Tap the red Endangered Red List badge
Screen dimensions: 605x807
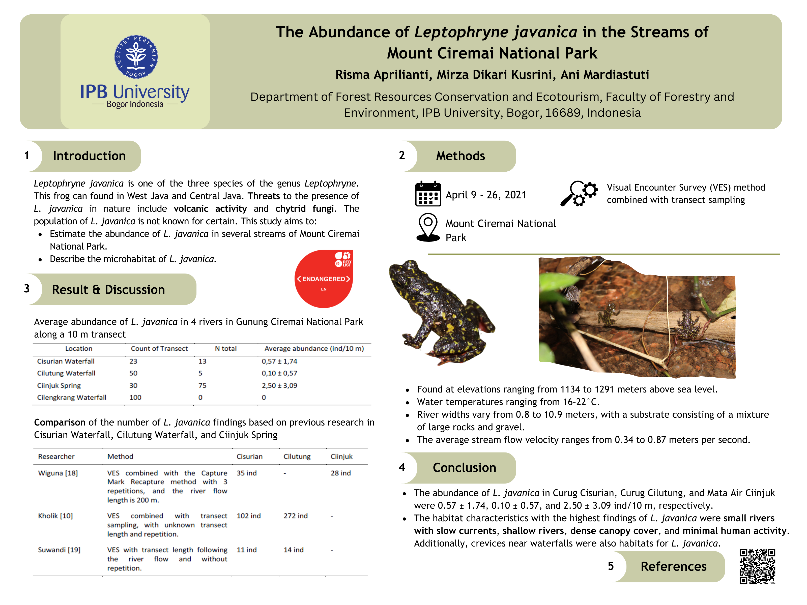[323, 279]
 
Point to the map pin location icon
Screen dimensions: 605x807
[428, 227]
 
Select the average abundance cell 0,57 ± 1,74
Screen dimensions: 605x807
[279, 361]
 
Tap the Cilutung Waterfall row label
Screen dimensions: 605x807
[66, 373]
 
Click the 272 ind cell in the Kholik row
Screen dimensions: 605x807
[296, 516]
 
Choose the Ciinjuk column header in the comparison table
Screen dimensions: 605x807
[341, 457]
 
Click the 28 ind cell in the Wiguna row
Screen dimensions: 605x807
[340, 473]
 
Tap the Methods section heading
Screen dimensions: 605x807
[460, 156]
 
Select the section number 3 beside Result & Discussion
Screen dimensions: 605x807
[27, 289]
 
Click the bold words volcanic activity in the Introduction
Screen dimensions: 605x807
[210, 208]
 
